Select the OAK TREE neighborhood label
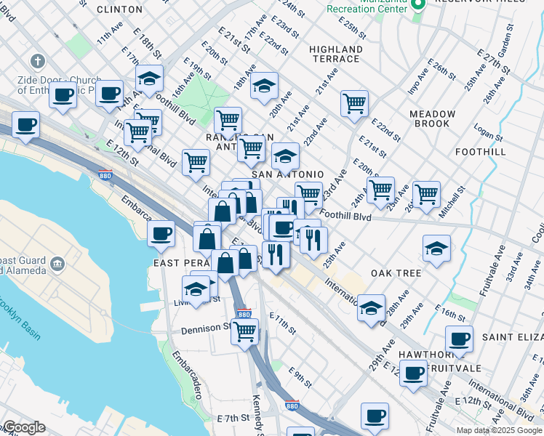point(396,273)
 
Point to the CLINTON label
point(119,9)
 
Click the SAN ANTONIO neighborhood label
point(287,175)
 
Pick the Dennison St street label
point(206,328)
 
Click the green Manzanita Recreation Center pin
point(417,5)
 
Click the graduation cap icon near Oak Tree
point(436,249)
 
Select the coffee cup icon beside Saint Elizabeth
point(459,338)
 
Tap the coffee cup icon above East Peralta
point(161,233)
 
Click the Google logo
point(24,427)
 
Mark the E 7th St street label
point(233,419)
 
